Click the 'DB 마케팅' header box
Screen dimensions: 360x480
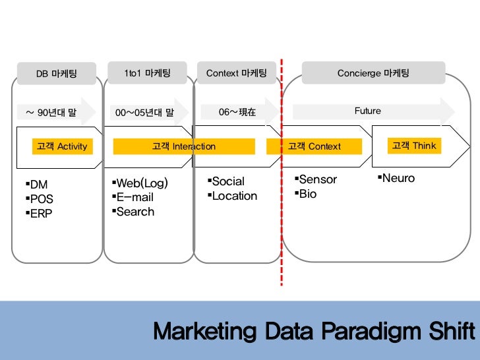[x=57, y=74]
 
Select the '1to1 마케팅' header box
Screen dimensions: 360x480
[x=148, y=73]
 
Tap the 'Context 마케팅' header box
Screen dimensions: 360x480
[x=236, y=73]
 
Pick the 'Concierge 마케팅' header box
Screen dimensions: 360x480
[x=373, y=73]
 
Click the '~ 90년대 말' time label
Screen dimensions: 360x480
[x=51, y=112]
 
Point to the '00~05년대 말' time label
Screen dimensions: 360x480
[x=144, y=112]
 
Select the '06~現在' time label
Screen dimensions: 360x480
[x=237, y=112]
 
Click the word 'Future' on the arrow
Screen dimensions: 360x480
[x=367, y=111]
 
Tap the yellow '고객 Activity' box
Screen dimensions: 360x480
[x=62, y=146]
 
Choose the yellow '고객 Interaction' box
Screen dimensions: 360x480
[x=184, y=146]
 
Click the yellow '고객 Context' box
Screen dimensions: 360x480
[x=314, y=146]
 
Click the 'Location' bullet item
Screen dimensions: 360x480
[x=234, y=196]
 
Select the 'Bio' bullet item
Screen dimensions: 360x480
[x=307, y=194]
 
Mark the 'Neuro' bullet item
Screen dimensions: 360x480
[x=398, y=178]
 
